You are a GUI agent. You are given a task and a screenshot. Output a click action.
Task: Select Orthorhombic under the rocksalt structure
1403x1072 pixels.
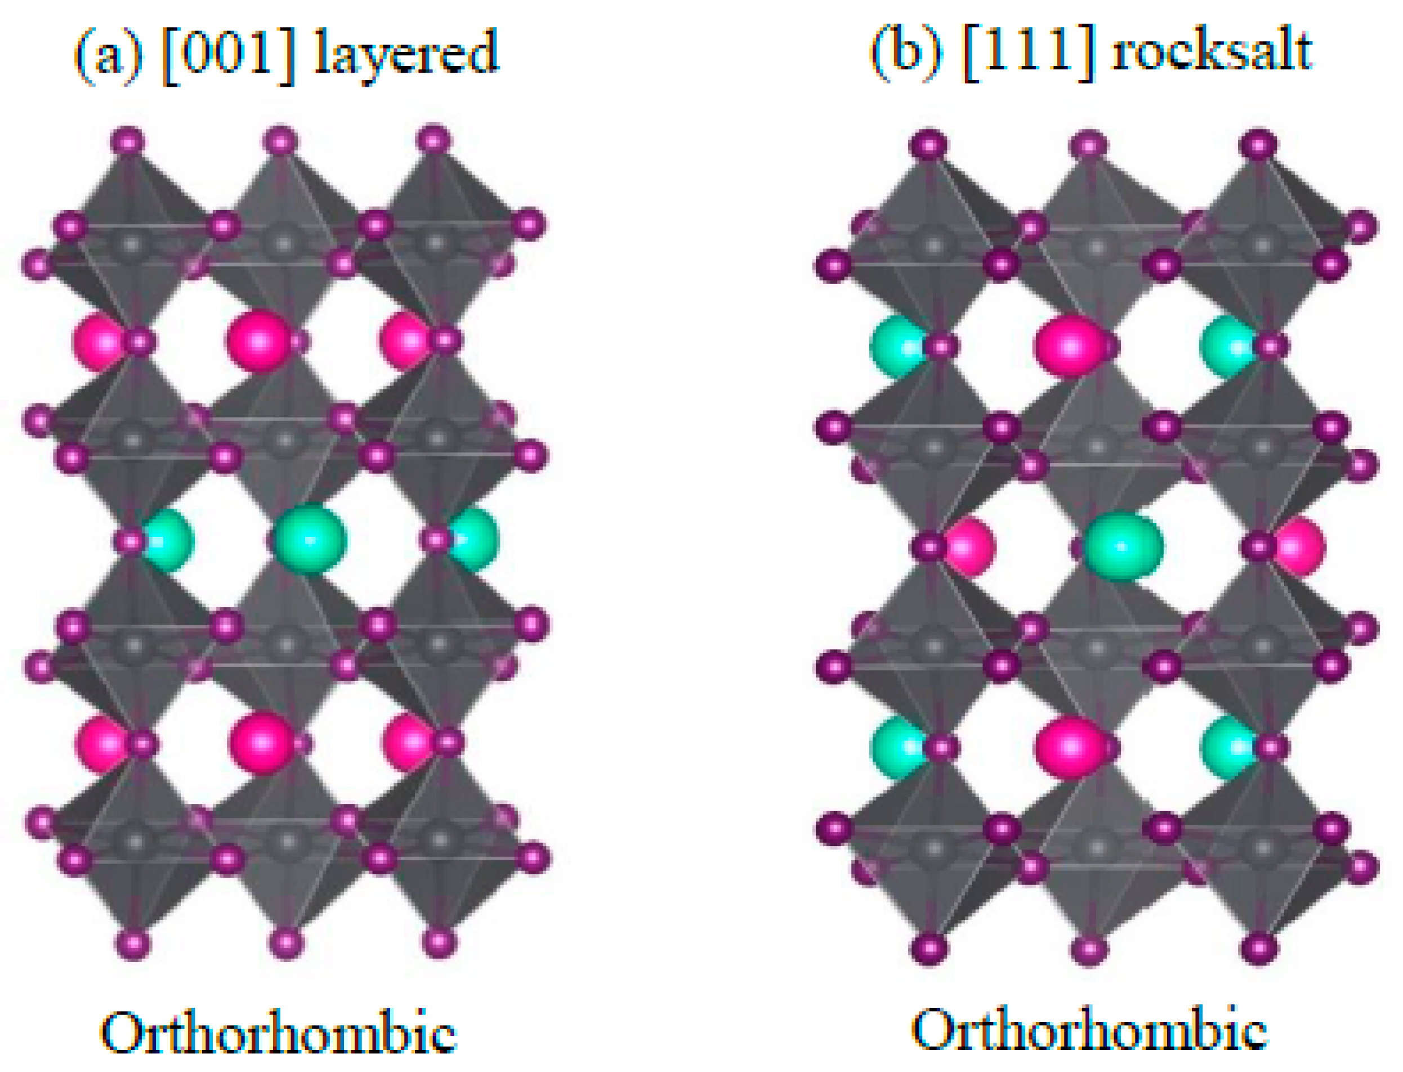(1089, 1028)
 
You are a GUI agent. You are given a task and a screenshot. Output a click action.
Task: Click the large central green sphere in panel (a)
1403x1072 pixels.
(310, 539)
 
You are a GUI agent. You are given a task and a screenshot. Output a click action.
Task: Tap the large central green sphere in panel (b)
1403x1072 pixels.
(1123, 547)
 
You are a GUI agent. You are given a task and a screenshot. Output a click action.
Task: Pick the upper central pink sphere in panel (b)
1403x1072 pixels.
(1070, 346)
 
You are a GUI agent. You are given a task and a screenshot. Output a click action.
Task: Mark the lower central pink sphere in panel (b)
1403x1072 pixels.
(1070, 746)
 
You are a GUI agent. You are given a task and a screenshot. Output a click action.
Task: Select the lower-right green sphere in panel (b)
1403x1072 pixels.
(1227, 746)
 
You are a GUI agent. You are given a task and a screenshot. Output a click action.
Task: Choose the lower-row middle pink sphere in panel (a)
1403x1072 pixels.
(261, 742)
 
